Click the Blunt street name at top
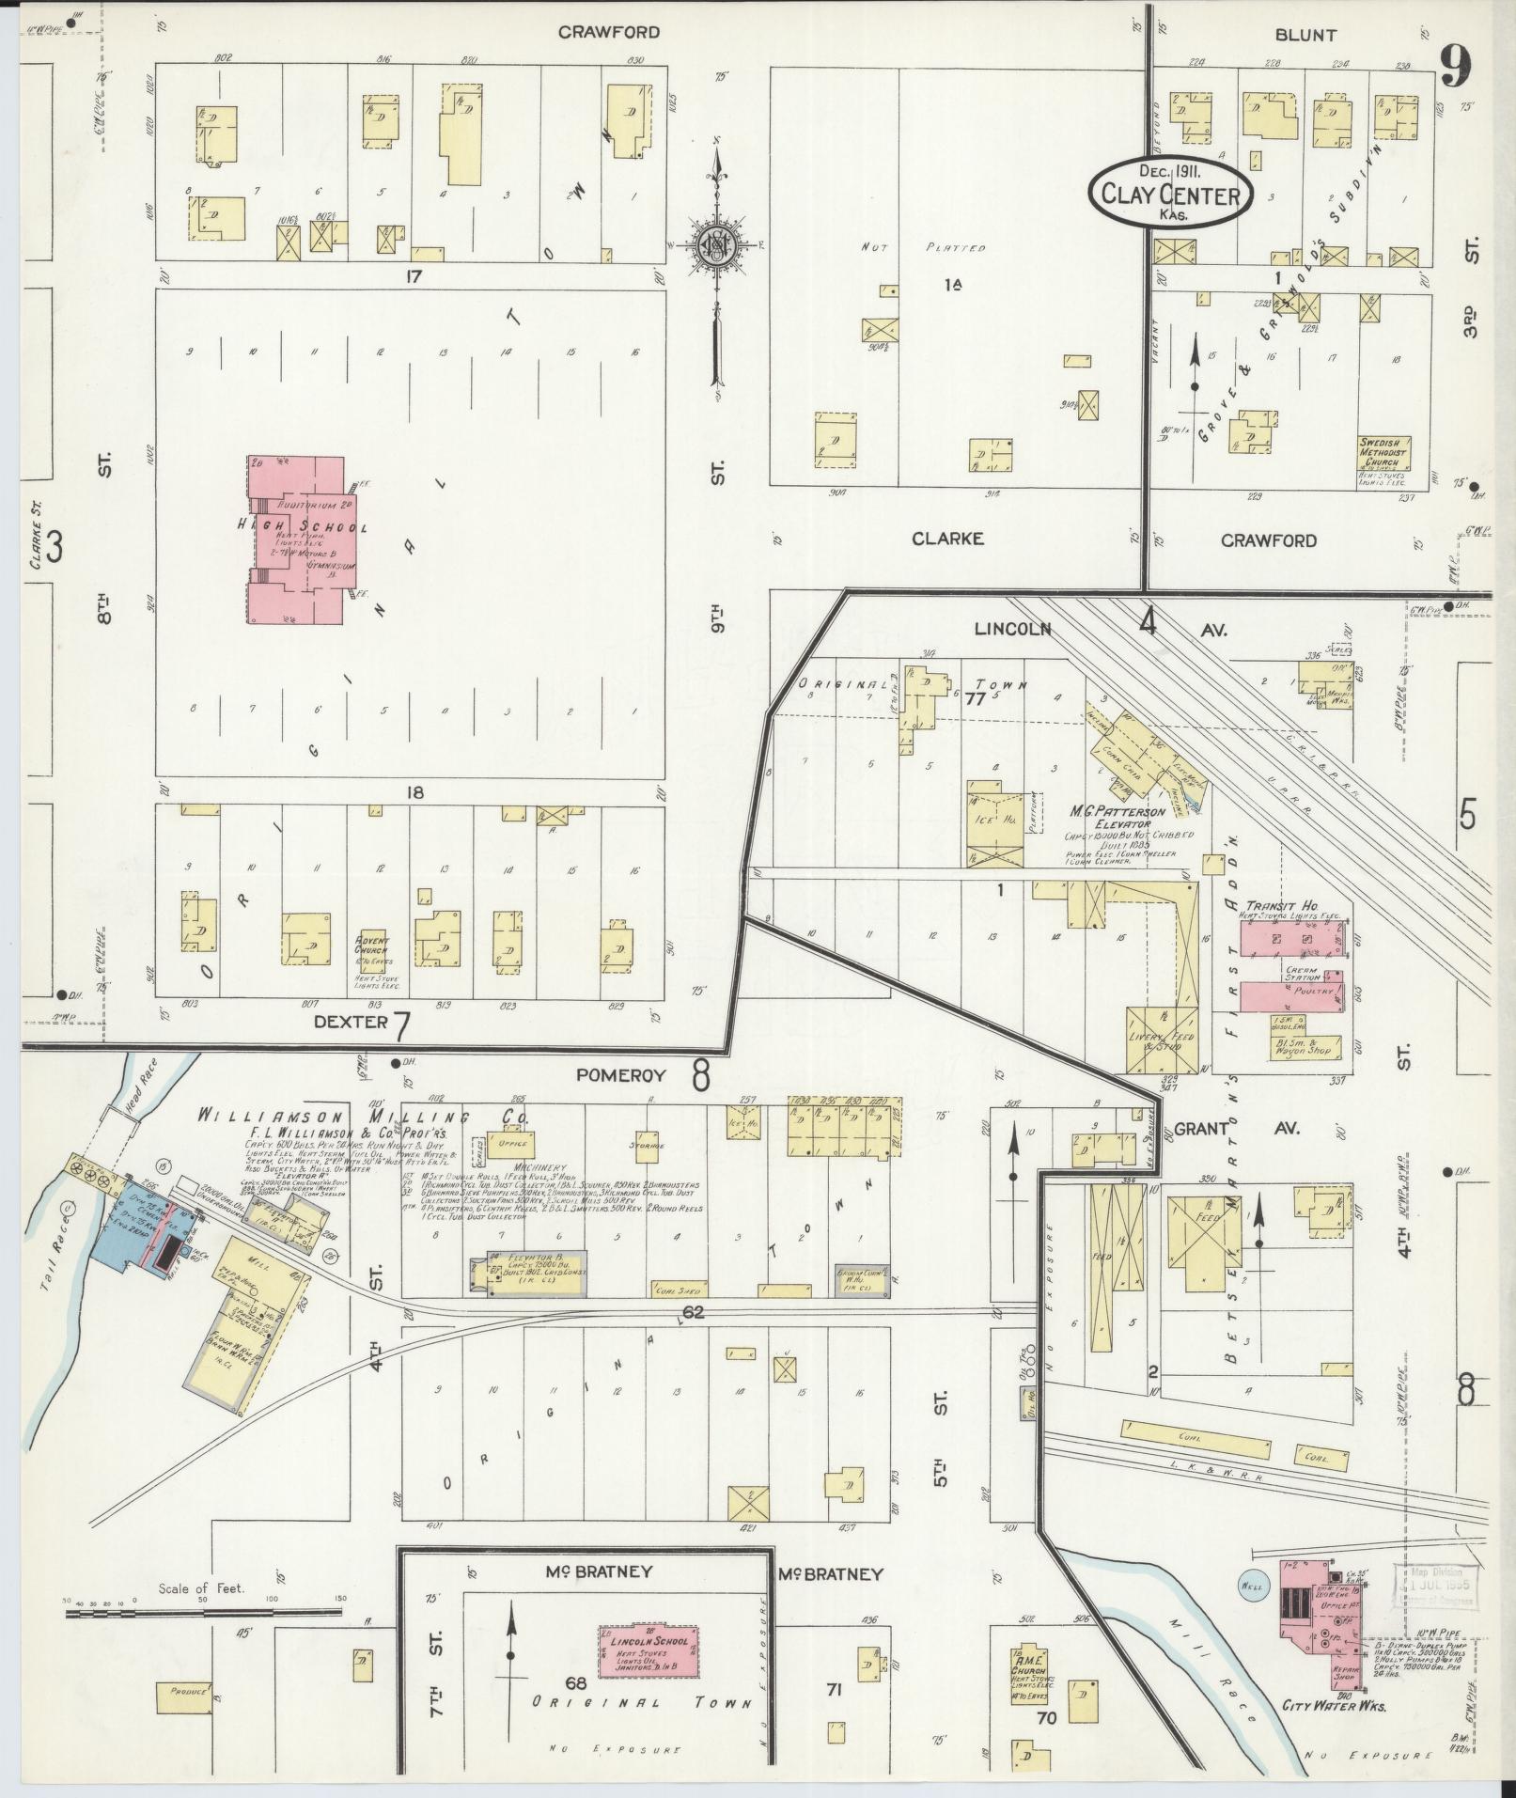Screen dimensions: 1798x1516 (x=1305, y=35)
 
